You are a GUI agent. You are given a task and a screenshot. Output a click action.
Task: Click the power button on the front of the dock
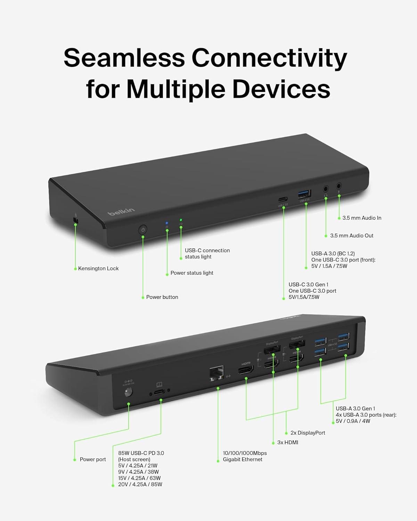tap(143, 230)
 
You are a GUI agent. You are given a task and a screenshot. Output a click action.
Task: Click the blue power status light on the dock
tap(167, 223)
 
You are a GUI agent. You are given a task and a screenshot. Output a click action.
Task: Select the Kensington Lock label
tap(98, 268)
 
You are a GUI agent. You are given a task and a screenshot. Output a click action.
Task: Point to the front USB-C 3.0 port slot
tap(282, 200)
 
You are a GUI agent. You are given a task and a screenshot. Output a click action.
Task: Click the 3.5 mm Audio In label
tap(361, 218)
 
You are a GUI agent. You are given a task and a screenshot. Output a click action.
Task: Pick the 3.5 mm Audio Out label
tap(351, 235)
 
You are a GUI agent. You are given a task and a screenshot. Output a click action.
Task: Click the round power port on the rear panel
tap(128, 392)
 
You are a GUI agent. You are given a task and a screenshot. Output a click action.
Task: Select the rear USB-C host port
tap(160, 392)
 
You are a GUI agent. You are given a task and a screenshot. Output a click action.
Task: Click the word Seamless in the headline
tap(124, 58)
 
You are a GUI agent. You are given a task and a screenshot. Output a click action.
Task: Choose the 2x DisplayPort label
tap(308, 433)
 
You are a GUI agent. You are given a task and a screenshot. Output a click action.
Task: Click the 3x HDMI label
tap(287, 443)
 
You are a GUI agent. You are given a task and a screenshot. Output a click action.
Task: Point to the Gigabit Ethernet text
tap(243, 460)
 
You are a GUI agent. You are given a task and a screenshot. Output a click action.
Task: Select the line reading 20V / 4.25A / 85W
tap(140, 485)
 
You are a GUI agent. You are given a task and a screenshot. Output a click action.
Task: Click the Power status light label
tap(191, 273)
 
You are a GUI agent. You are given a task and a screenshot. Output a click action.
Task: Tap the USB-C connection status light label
tap(207, 254)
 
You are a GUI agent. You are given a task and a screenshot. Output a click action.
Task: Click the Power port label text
tap(93, 460)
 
